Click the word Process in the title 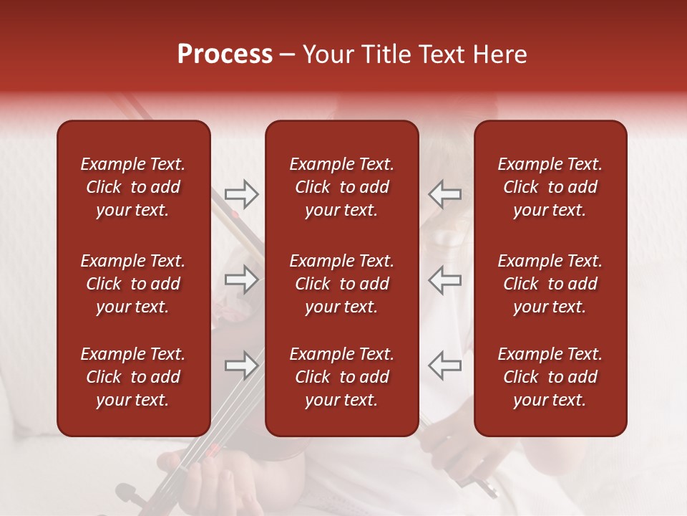click(225, 54)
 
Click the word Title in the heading click(383, 54)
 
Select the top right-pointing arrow click(242, 194)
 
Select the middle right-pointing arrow click(242, 279)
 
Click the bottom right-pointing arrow click(242, 365)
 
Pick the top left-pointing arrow click(444, 194)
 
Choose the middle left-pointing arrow click(444, 279)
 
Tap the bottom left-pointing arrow click(444, 365)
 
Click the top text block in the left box click(133, 187)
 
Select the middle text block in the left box click(133, 284)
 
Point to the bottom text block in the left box click(133, 377)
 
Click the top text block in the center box click(341, 187)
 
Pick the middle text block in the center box click(341, 284)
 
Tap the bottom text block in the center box click(341, 377)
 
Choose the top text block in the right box click(550, 187)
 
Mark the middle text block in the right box click(550, 284)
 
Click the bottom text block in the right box click(550, 377)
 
